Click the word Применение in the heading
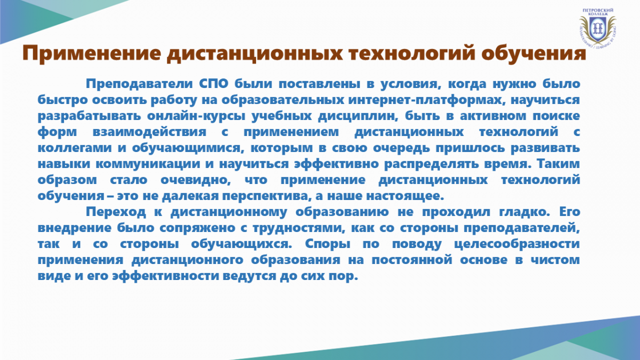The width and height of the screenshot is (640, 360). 92,53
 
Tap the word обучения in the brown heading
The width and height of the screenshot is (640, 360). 534,53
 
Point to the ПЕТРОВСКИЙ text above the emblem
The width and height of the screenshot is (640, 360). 598,10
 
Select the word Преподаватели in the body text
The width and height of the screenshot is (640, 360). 139,84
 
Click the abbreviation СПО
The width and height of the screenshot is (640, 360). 213,84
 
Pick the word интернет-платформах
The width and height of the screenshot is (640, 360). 426,100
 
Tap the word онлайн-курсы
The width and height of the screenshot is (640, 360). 196,116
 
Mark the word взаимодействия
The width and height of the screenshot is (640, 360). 149,132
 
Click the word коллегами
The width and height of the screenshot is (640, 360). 75,148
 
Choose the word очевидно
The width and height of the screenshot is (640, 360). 195,180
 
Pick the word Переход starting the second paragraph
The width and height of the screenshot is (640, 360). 116,212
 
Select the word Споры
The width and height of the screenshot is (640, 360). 327,244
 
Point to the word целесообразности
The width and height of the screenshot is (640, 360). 517,244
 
